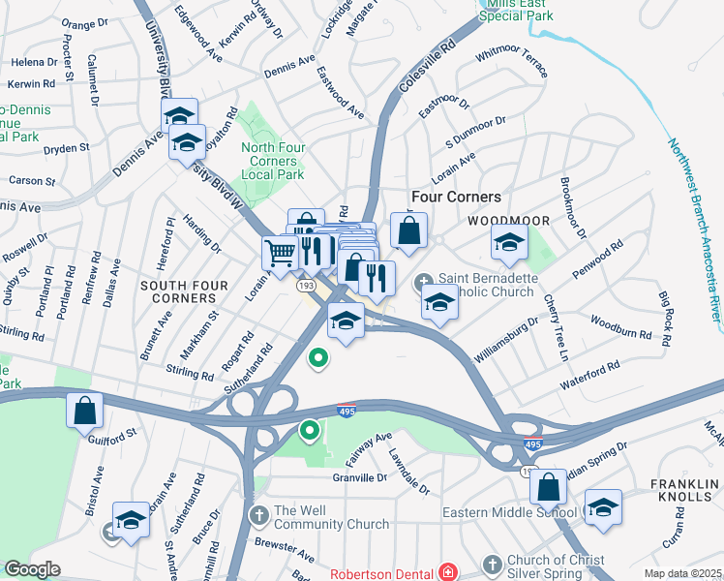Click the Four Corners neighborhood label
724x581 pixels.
449,197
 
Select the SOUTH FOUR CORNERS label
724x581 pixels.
184,286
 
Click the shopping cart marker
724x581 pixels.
280,253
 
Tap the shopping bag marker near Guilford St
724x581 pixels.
84,409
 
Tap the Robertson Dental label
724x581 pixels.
383,573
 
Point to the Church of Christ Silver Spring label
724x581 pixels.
556,566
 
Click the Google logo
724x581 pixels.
32,569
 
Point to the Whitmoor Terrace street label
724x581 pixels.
512,60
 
